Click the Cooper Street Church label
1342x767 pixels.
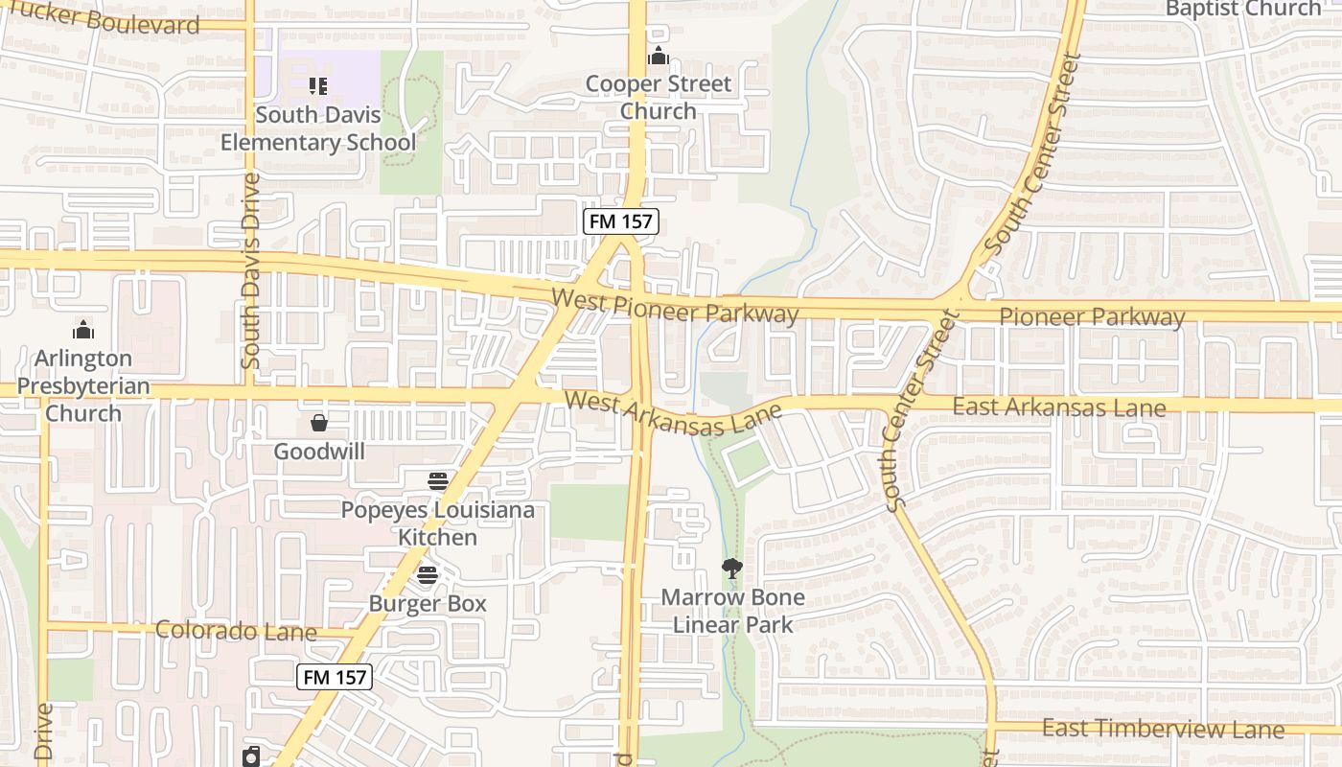click(658, 98)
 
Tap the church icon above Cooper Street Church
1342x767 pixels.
click(658, 57)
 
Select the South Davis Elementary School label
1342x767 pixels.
click(318, 128)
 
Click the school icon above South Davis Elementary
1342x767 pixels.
click(318, 86)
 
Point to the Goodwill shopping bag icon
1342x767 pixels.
click(319, 423)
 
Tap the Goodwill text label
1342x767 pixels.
click(319, 452)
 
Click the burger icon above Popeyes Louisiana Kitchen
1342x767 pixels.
click(438, 480)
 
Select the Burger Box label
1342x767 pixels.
click(428, 604)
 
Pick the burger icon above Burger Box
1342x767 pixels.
click(428, 575)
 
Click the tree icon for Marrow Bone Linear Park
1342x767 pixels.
click(732, 569)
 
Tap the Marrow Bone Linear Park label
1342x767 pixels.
click(732, 612)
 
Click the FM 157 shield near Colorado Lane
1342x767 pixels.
click(334, 677)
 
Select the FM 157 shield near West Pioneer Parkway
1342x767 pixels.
click(621, 222)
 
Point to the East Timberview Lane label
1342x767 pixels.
click(1163, 729)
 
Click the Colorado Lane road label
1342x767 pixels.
click(236, 631)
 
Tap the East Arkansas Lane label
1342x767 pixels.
click(1058, 407)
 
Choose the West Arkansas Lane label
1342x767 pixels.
click(673, 414)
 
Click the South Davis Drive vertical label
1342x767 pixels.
click(251, 271)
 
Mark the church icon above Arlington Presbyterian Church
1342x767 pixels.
click(83, 330)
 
